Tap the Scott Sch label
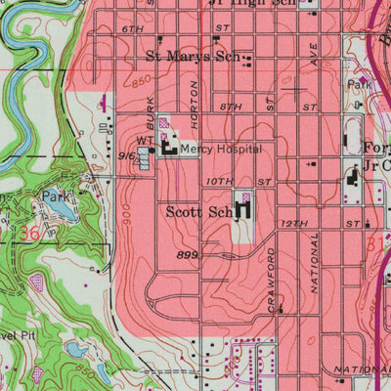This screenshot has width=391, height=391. coord(199,211)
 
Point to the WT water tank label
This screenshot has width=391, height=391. coord(146,141)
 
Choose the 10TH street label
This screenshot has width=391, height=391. coord(220,182)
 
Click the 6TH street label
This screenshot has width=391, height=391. coord(133,31)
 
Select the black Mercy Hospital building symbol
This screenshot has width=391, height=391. coord(168,149)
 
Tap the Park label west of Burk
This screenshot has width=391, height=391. coord(51,196)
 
